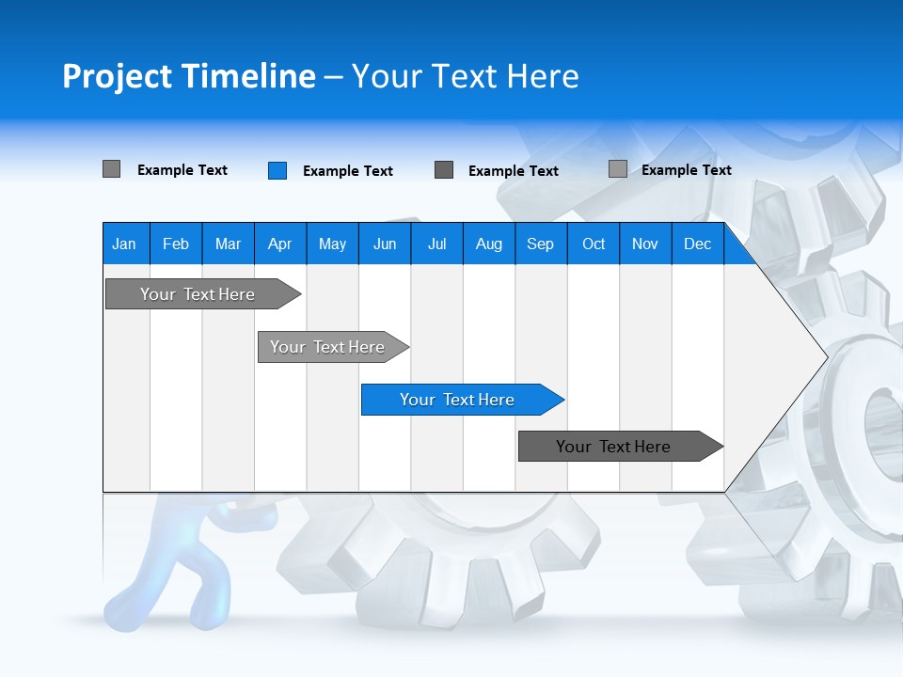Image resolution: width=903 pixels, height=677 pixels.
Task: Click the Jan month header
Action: [124, 244]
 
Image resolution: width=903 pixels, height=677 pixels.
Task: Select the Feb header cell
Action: [176, 244]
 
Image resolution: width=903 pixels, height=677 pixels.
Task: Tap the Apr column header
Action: [279, 244]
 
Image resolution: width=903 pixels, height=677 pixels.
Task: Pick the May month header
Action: [332, 244]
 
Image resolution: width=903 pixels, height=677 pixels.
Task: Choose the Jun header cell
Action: [385, 244]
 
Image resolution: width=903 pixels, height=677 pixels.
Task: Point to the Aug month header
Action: [488, 244]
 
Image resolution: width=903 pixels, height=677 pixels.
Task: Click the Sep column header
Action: [540, 244]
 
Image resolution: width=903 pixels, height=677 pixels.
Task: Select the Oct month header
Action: [594, 244]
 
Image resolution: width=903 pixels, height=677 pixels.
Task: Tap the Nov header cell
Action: [645, 244]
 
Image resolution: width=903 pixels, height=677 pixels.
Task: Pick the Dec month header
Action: [697, 244]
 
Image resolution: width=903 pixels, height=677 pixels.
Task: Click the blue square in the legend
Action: [277, 170]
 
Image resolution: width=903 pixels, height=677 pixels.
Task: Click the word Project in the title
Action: [118, 76]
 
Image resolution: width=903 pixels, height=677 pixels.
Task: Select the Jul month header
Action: [436, 244]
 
